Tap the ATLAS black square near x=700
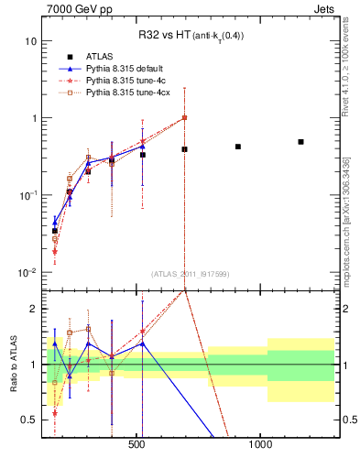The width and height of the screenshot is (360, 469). (x=184, y=149)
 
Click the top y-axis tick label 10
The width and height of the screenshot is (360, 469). (x=30, y=41)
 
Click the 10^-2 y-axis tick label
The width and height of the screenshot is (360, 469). (x=27, y=272)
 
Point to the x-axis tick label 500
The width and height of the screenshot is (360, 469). (x=136, y=444)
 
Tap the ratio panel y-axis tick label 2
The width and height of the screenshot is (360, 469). (x=33, y=309)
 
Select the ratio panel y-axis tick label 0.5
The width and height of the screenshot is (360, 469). (x=29, y=420)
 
